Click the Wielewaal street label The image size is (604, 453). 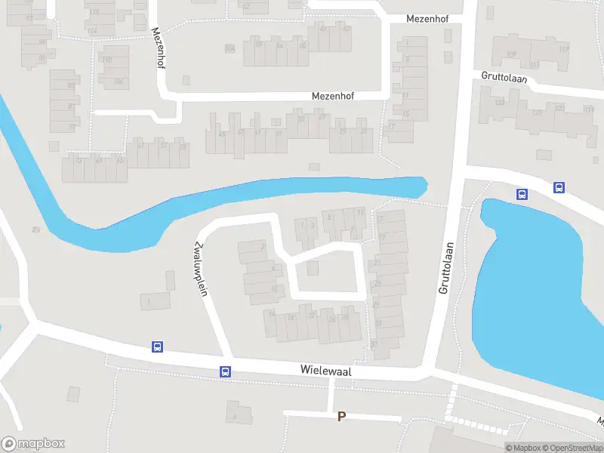325,371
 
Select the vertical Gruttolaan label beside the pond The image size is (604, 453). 445,268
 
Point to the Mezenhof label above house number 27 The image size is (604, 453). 333,97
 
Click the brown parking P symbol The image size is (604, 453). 341,416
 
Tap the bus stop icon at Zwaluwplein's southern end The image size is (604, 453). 225,371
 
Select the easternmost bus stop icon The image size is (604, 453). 559,188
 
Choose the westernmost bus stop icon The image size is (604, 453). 157,347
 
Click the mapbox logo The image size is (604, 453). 33,444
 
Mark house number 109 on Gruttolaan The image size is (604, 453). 511,54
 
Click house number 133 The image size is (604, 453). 499,103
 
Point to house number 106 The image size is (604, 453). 118,82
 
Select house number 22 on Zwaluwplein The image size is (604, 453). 311,316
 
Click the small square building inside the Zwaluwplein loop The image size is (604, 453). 313,268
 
